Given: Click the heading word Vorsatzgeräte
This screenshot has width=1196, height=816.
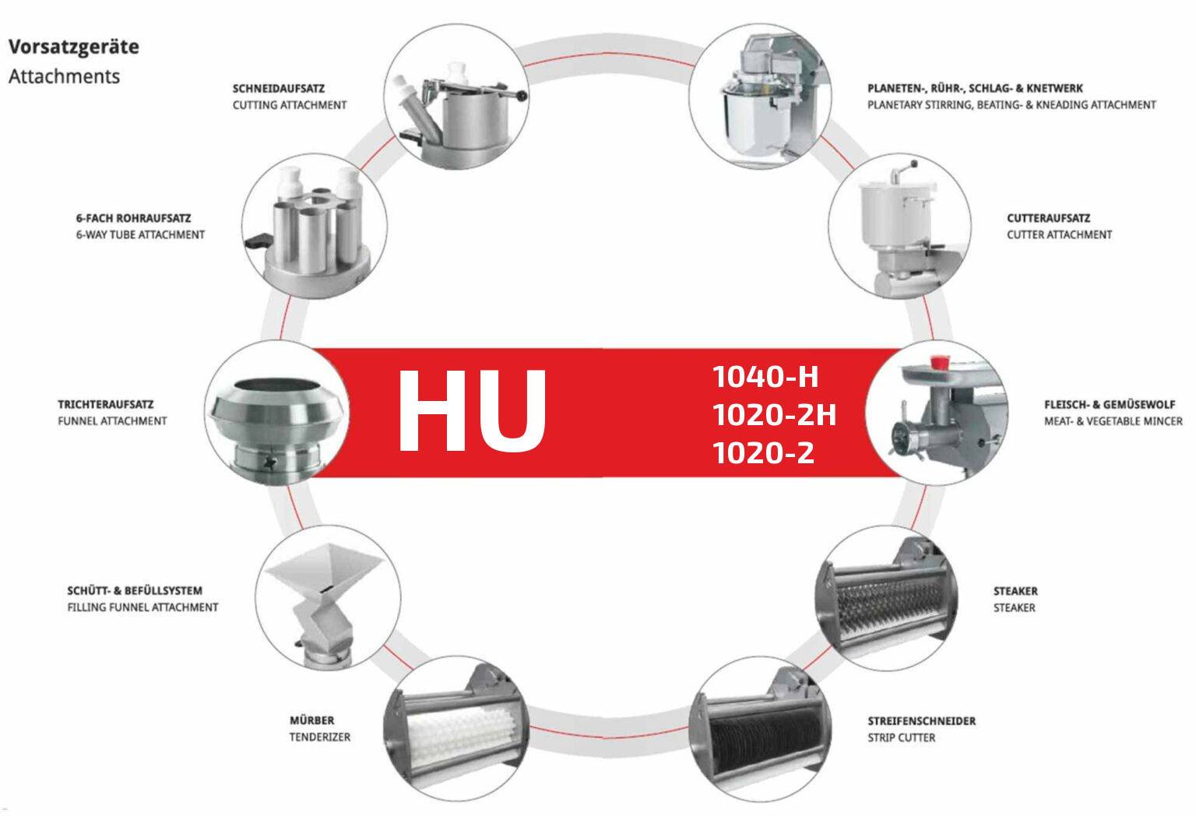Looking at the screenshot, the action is (x=74, y=47).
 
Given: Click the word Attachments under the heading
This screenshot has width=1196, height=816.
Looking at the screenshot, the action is (x=64, y=76).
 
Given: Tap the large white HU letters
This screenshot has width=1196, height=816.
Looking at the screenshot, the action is (x=472, y=410).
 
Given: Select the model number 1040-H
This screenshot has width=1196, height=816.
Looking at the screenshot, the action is (x=765, y=377).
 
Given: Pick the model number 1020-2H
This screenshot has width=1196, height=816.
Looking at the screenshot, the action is (x=775, y=414).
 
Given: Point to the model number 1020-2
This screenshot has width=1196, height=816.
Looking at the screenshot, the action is (x=764, y=452).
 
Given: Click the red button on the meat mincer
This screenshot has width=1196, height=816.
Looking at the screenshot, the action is (x=938, y=362).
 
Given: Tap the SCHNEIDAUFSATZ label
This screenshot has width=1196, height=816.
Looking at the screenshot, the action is (x=278, y=88).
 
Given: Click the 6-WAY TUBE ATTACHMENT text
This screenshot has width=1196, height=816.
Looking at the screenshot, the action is (x=140, y=234).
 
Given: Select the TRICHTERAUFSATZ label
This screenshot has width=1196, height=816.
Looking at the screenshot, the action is (x=106, y=404).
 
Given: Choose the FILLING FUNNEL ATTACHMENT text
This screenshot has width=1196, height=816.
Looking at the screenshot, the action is (x=142, y=607).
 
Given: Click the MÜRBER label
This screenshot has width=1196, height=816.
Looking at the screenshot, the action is (x=311, y=720).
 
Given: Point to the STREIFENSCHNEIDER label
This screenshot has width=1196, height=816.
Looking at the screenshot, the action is (x=922, y=721).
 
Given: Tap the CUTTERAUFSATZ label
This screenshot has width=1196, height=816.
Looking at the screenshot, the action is (x=1049, y=218).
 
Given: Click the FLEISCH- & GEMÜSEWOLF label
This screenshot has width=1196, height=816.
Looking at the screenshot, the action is (x=1110, y=404).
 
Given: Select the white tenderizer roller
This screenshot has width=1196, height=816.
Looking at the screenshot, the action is (x=463, y=733).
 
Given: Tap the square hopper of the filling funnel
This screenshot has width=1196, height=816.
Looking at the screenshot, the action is (x=324, y=569).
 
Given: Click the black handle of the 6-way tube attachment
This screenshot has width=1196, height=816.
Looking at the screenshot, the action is (x=259, y=241).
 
